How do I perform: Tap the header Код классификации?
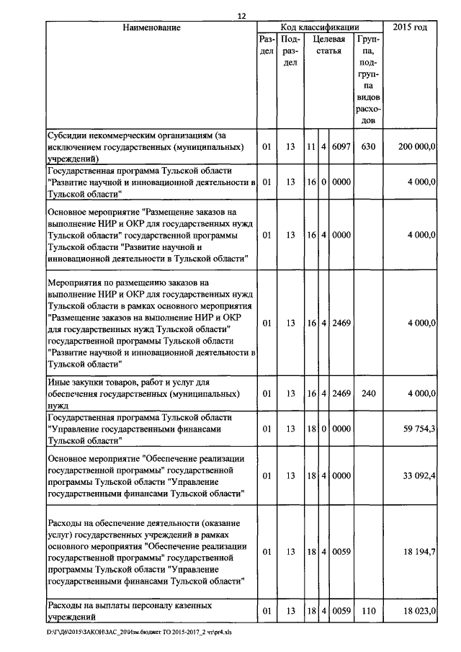[319, 28]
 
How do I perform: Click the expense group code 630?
[368, 146]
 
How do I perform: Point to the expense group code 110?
[368, 611]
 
